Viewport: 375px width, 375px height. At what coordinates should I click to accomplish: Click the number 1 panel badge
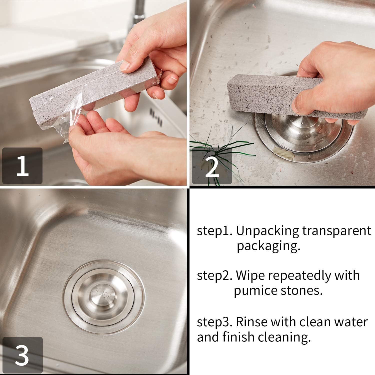(x=22, y=166)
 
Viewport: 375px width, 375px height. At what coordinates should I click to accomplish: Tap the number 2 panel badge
(x=212, y=166)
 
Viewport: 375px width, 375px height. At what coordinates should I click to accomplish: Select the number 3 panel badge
(x=22, y=355)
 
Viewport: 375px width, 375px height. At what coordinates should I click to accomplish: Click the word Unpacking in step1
(x=267, y=231)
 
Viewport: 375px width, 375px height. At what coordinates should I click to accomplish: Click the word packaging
(x=268, y=246)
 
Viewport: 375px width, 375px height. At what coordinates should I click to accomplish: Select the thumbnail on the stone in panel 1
(x=125, y=65)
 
